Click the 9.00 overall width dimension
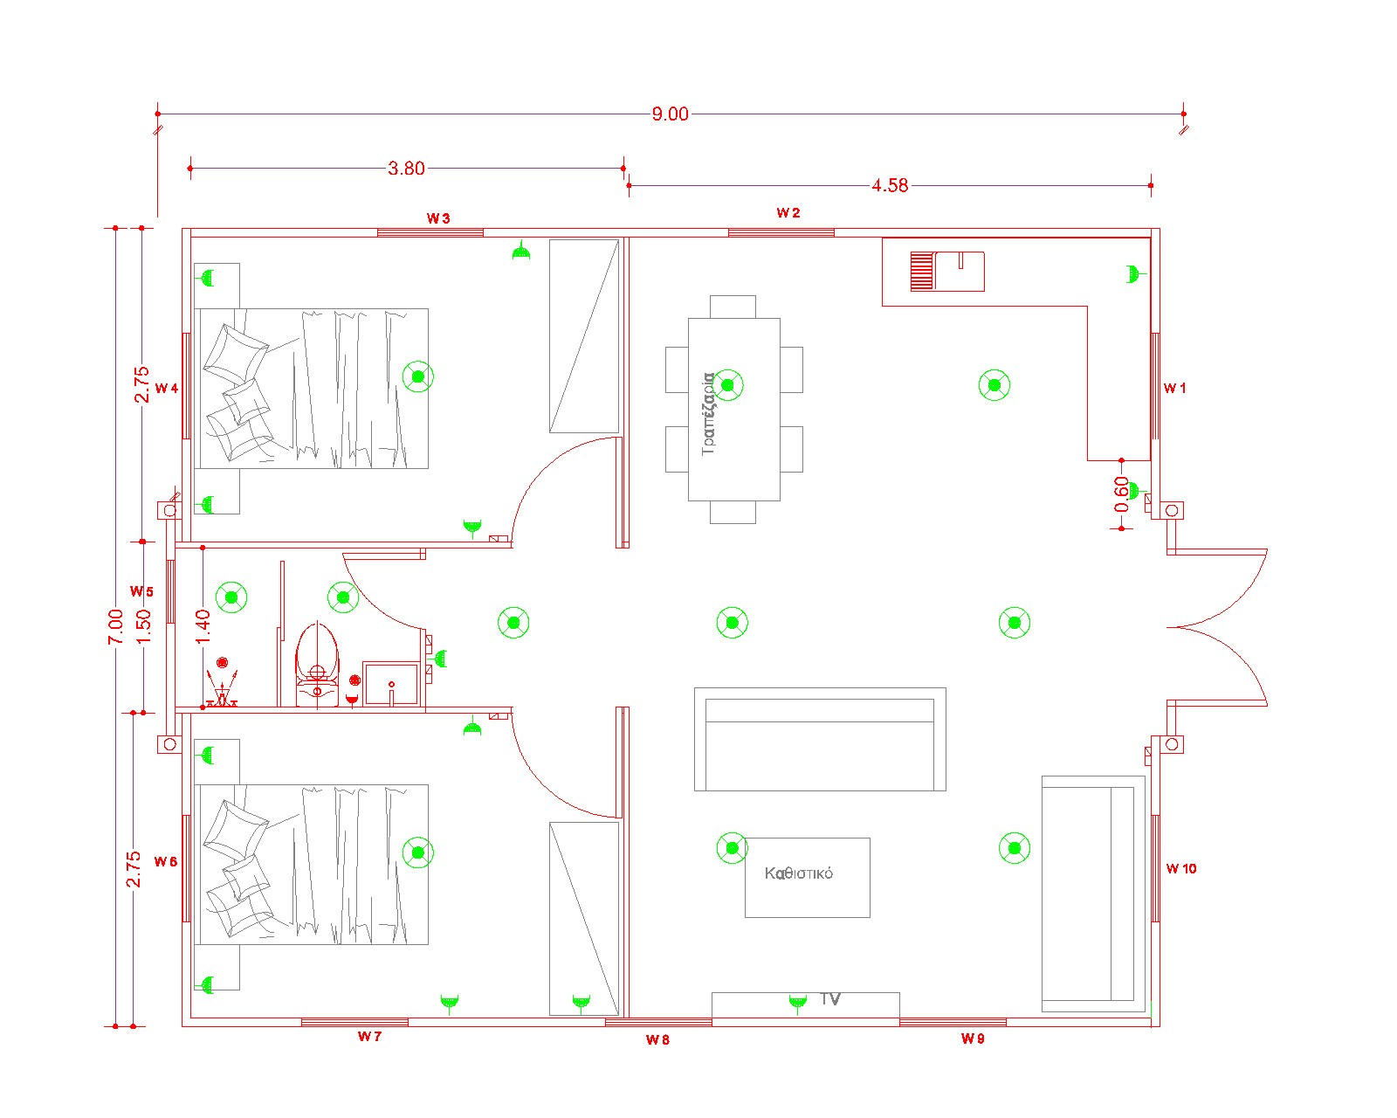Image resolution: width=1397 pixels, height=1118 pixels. coord(670,114)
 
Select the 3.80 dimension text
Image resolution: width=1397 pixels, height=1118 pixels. coord(406,169)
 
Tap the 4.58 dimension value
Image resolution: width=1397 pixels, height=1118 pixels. coord(890,186)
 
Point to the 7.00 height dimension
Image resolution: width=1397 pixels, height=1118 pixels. coord(115,627)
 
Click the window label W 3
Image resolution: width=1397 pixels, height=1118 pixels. coord(438,218)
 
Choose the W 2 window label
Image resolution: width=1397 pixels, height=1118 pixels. coord(788,213)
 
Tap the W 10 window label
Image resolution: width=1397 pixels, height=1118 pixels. coord(1180,869)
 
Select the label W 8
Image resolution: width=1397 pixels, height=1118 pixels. coord(657,1040)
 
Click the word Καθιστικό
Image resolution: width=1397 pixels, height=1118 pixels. coord(798,873)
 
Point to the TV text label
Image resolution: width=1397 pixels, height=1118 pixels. coord(830,999)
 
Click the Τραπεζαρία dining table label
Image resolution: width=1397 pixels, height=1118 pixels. coord(709,414)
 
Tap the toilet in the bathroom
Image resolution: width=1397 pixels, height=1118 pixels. coord(317,665)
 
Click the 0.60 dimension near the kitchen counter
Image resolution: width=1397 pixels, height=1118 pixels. coord(1121,495)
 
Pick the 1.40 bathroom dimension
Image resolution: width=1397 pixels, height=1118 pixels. coord(203,627)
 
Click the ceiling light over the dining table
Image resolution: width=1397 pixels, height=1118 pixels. coord(727,385)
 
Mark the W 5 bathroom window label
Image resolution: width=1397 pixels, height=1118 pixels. coord(141,592)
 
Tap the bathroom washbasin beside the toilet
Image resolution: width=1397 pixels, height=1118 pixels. coord(391,683)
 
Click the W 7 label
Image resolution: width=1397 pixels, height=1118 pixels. coord(369,1037)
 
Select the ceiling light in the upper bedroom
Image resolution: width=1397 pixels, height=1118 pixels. coord(418,376)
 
